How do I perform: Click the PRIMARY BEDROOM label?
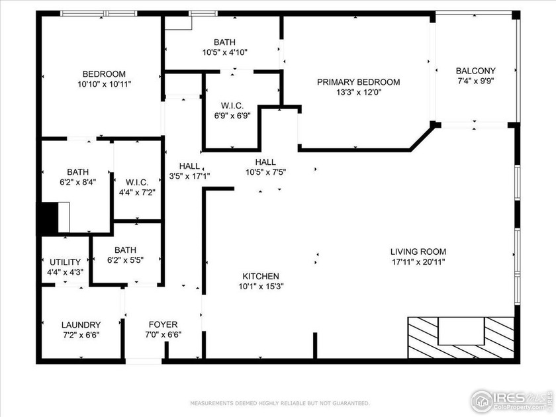click(x=358, y=82)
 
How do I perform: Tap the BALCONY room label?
click(x=475, y=71)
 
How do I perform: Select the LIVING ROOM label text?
click(x=418, y=252)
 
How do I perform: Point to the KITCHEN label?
click(x=260, y=276)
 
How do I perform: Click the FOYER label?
click(x=162, y=324)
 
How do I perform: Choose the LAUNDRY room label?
click(x=81, y=325)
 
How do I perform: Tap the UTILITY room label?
click(x=65, y=262)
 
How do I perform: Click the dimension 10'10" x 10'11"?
click(x=104, y=84)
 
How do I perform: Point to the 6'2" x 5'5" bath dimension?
click(x=125, y=260)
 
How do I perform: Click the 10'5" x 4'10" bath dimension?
click(x=225, y=52)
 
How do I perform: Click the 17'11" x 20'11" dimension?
click(x=418, y=261)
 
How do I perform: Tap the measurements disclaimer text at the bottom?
click(x=280, y=403)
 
